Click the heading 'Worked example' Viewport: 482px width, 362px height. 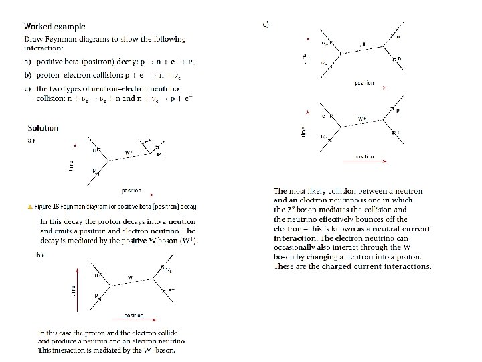(55, 27)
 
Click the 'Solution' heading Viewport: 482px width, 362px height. (43, 128)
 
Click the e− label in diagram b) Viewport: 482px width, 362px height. (172, 290)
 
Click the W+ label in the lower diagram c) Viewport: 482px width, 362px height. (362, 120)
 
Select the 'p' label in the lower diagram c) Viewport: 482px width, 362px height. (398, 111)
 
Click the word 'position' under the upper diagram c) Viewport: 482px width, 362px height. (364, 84)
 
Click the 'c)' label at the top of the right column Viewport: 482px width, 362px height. (266, 24)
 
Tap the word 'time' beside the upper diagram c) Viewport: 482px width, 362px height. (305, 58)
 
